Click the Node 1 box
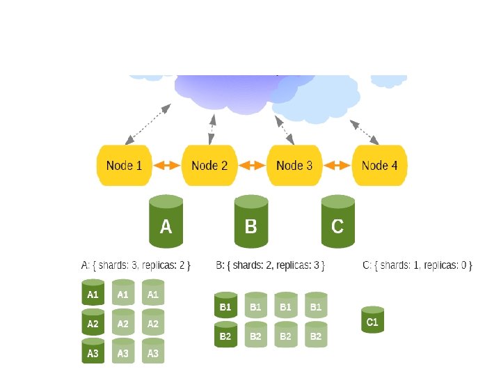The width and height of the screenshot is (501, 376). click(124, 166)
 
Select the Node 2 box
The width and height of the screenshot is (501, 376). click(209, 166)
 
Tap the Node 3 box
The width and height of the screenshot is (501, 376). click(294, 166)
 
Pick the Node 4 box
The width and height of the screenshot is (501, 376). click(380, 166)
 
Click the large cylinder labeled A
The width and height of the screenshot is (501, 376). click(166, 222)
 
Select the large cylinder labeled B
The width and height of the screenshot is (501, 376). click(251, 222)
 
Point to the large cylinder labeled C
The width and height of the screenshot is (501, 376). click(337, 222)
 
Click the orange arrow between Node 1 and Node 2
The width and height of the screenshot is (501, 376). click(167, 166)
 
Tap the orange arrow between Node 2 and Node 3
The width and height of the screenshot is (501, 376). click(252, 166)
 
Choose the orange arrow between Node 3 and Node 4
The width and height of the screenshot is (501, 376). click(337, 166)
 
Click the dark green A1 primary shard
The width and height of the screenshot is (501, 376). click(93, 294)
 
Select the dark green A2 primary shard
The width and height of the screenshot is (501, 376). click(93, 323)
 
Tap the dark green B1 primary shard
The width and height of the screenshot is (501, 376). click(225, 306)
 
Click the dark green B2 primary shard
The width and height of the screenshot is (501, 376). click(225, 335)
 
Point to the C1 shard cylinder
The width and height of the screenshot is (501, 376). click(372, 320)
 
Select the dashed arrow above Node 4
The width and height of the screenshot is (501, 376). click(365, 132)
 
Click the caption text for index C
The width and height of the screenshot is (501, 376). click(417, 265)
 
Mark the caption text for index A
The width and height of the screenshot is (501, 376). click(136, 265)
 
